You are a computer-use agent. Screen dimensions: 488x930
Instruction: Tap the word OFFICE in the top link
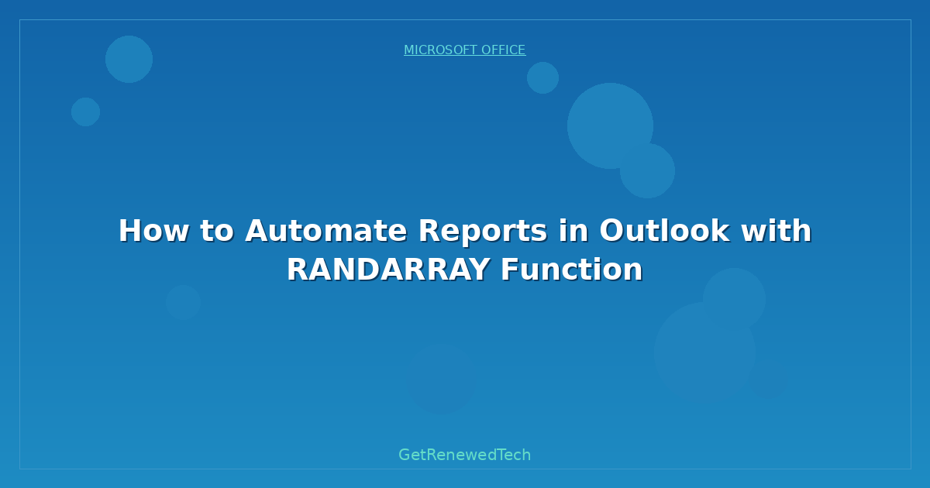pyautogui.click(x=504, y=50)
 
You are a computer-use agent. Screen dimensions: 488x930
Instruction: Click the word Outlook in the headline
pyautogui.click(x=663, y=231)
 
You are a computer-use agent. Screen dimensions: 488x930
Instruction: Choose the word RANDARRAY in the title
pyautogui.click(x=388, y=270)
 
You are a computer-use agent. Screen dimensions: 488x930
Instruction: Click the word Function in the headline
pyautogui.click(x=572, y=270)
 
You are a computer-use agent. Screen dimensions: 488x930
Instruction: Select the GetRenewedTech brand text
pyautogui.click(x=465, y=455)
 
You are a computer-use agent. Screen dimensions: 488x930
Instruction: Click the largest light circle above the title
pyautogui.click(x=610, y=125)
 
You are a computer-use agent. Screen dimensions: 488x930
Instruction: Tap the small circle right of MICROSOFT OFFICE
pyautogui.click(x=542, y=77)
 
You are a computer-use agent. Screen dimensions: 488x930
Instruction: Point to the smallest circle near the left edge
pyautogui.click(x=85, y=112)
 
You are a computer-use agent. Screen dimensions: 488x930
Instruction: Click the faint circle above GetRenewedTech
pyautogui.click(x=440, y=379)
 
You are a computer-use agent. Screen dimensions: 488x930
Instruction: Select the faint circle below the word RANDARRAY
pyautogui.click(x=183, y=302)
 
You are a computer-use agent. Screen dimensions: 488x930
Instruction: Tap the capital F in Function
pyautogui.click(x=508, y=270)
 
